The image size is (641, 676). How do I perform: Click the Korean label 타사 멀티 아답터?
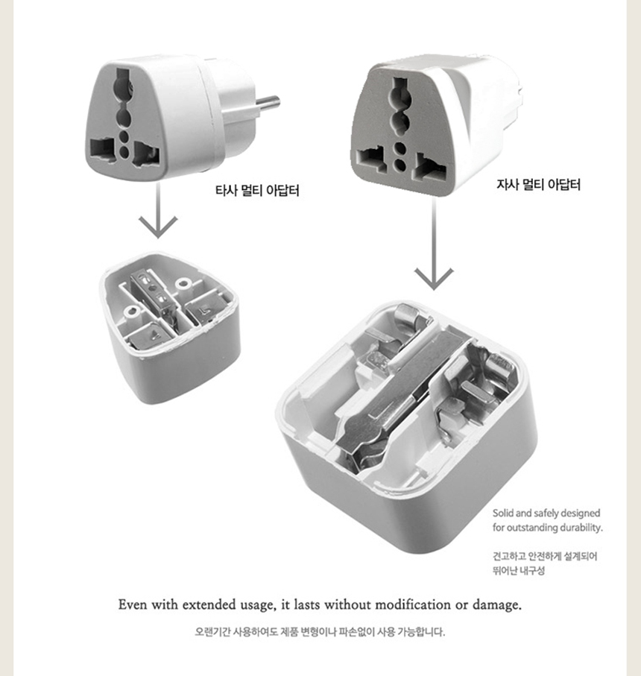click(257, 190)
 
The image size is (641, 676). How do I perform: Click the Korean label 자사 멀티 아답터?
click(538, 185)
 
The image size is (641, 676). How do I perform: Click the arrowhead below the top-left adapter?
click(158, 226)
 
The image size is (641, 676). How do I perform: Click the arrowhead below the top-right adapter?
click(434, 278)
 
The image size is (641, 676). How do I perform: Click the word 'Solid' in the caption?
click(502, 513)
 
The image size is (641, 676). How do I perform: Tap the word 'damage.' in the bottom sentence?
click(497, 605)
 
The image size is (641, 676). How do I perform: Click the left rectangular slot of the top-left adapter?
click(103, 151)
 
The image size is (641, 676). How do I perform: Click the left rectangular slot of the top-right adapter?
click(372, 159)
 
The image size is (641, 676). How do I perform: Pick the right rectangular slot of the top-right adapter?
click(430, 168)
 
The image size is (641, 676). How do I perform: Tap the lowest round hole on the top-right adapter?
click(401, 164)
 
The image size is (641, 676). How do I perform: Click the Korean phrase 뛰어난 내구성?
click(519, 570)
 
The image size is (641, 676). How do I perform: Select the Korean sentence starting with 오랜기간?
click(320, 631)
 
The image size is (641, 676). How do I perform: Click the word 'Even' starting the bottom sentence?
click(133, 604)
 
